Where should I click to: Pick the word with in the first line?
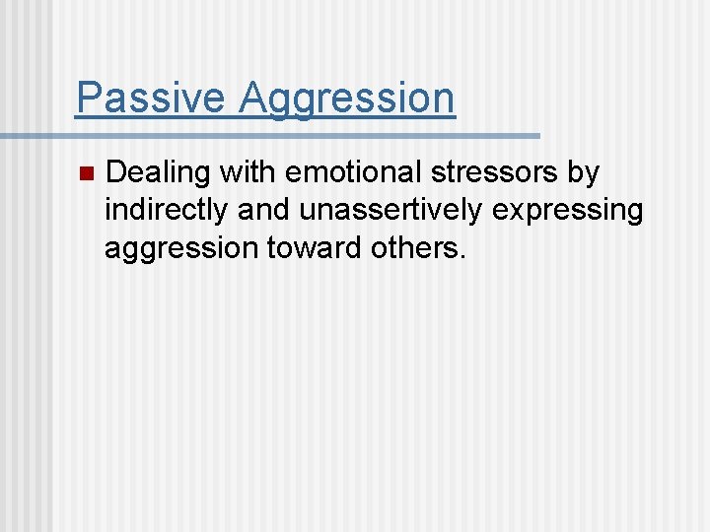pyautogui.click(x=248, y=172)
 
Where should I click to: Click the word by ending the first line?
pyautogui.click(x=584, y=174)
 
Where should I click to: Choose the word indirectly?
pyautogui.click(x=168, y=211)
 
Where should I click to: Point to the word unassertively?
pyautogui.click(x=394, y=210)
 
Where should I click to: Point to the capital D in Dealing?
pyautogui.click(x=115, y=172)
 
